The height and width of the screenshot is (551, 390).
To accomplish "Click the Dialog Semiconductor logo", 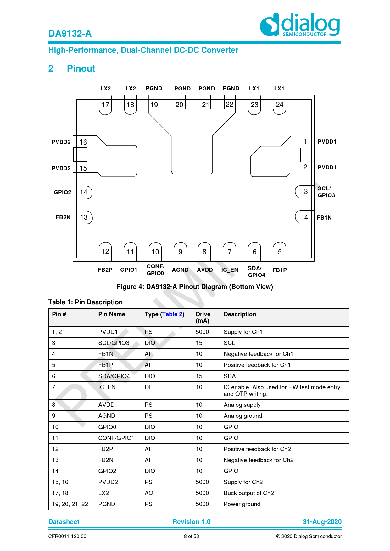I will (300, 25).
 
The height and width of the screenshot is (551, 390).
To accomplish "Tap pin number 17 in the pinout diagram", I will (105, 105).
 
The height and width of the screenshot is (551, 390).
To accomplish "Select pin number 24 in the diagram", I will (280, 105).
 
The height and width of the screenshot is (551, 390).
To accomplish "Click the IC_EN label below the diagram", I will (230, 270).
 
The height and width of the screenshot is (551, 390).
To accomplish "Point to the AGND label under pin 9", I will (180, 270).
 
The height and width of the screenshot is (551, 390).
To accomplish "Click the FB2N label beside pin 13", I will (63, 217).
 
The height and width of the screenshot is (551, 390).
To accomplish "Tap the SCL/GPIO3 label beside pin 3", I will (326, 192).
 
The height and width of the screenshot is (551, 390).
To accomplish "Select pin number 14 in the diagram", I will (84, 192).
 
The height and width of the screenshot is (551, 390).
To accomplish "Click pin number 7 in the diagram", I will (230, 252).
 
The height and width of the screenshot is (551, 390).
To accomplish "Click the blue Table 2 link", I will (172, 314).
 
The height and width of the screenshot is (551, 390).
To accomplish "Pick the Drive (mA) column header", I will (203, 317).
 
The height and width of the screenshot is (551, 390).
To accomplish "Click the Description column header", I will (240, 314).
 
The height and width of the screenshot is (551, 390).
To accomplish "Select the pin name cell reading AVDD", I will (106, 405).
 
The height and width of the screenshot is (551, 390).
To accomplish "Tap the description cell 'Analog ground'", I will (243, 416).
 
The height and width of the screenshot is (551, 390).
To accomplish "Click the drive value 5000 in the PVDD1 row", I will (202, 332).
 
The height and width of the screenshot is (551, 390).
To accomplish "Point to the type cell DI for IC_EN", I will (148, 387).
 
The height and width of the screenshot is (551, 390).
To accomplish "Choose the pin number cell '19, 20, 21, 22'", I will (70, 504).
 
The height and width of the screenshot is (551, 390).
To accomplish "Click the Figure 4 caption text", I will (195, 287).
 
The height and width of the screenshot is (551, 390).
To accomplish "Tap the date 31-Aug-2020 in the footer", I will (322, 522).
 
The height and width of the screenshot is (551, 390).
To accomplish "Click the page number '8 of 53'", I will (192, 537).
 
